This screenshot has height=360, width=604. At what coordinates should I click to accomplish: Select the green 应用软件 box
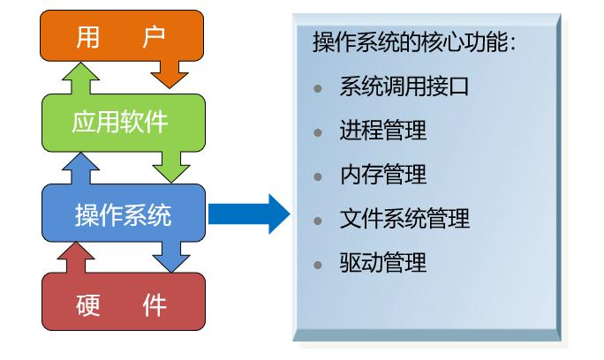(123, 121)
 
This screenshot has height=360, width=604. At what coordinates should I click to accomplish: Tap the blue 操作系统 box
(123, 214)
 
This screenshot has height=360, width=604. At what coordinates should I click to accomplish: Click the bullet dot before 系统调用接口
(319, 89)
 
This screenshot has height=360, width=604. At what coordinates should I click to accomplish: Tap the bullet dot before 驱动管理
(319, 263)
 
